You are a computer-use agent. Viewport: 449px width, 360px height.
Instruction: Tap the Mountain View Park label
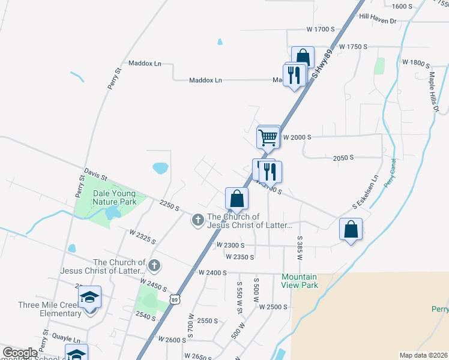click(300, 281)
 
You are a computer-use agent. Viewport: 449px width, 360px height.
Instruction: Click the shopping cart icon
click(268, 137)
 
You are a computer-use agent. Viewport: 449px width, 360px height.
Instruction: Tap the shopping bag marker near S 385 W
click(351, 229)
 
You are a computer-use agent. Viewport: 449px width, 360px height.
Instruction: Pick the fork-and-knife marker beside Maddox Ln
click(294, 75)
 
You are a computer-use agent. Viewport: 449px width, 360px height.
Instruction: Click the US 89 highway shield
click(174, 299)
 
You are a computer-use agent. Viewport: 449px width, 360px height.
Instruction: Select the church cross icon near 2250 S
click(197, 221)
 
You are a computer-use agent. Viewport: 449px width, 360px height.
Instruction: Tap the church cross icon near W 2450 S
click(154, 265)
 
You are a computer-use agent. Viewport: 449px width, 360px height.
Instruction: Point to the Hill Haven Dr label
click(378, 20)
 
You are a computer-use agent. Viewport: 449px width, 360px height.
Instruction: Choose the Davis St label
click(95, 175)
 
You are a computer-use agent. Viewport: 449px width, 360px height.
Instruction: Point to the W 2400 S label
click(212, 272)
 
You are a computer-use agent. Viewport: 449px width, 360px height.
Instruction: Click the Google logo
click(20, 353)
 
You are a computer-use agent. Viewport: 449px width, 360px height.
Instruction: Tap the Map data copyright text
click(423, 355)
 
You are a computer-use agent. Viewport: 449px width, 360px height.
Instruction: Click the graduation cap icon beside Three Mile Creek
click(89, 297)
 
